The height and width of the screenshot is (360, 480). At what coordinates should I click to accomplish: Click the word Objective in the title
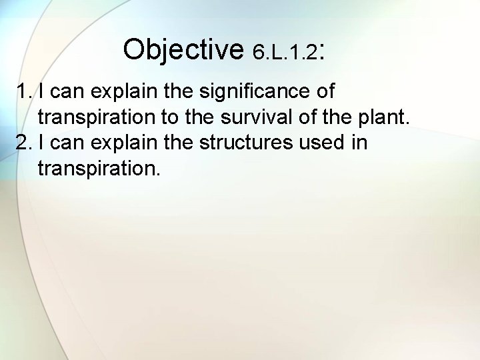point(184,49)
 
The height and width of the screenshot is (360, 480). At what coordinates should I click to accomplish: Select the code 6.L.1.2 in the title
point(285,52)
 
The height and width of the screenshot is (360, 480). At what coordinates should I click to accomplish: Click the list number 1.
point(25,91)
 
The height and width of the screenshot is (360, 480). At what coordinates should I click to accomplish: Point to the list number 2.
point(25,143)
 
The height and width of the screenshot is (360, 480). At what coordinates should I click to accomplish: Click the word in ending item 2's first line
point(359,143)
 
